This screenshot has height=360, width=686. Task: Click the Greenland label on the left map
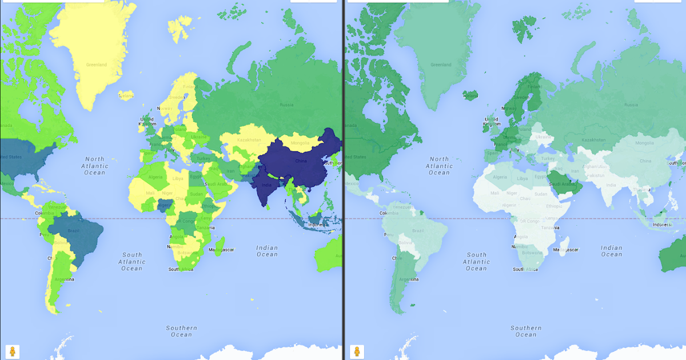97,65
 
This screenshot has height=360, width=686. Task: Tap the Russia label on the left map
286,105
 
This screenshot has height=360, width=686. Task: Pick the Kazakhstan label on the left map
249,139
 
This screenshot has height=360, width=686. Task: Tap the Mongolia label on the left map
300,143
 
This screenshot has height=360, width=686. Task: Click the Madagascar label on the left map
221,250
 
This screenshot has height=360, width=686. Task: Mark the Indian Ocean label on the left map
267,251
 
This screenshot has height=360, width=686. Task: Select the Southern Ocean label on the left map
182,331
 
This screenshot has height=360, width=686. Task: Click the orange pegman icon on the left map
12,351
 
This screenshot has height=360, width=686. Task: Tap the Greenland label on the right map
441,65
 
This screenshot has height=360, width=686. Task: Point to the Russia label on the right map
631,105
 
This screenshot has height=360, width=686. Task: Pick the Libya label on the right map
522,178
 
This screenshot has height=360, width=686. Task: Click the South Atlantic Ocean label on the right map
476,261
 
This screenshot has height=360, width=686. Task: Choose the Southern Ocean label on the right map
526,331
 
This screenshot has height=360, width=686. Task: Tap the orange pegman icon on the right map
356,351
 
